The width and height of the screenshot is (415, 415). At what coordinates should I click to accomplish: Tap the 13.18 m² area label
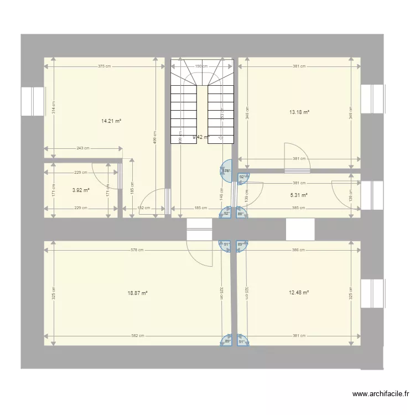point(299,112)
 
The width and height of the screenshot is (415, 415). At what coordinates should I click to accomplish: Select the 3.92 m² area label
point(81,190)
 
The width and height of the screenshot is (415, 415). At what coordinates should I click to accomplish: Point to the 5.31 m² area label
point(299,195)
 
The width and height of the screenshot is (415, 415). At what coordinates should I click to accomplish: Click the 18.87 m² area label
point(137,293)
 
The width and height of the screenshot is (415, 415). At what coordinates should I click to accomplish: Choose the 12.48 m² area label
point(299,293)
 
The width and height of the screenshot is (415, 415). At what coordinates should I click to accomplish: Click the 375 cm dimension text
point(104,66)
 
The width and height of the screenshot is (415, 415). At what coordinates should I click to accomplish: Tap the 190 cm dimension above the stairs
point(201,66)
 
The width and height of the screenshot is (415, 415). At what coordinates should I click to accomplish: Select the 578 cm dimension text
point(137,250)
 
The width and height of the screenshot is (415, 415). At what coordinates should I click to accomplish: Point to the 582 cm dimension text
point(138,336)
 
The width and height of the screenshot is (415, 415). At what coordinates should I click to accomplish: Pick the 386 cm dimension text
point(299,250)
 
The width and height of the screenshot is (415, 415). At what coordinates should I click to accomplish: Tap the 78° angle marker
point(227,171)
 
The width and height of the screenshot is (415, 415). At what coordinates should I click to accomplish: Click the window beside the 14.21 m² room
point(33,101)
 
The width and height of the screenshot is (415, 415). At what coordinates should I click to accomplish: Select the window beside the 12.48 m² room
point(372,293)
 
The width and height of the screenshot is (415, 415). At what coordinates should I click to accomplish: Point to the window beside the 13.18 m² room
point(372,98)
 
